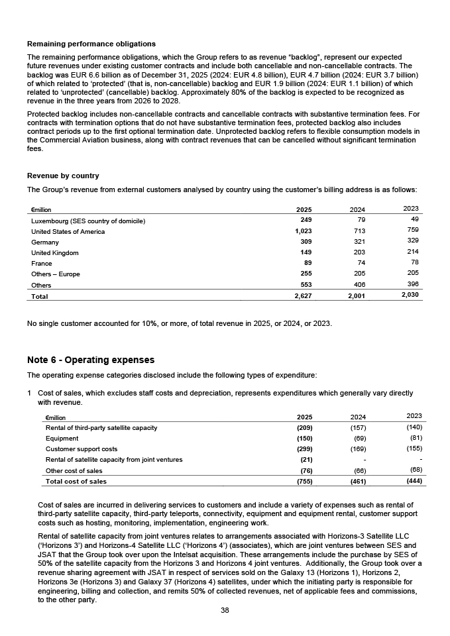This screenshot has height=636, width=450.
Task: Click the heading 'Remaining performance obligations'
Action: coord(91,44)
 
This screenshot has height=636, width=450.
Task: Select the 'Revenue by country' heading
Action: coord(63,176)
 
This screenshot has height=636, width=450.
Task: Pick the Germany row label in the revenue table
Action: coord(45,242)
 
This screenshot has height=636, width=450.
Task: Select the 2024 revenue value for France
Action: coord(359,263)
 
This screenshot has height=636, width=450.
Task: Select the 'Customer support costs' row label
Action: coord(81,449)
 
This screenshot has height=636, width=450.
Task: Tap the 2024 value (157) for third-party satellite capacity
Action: coord(358,428)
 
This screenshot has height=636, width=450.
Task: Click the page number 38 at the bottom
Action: coord(225,610)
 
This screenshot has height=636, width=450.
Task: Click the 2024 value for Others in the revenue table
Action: coord(359,284)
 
